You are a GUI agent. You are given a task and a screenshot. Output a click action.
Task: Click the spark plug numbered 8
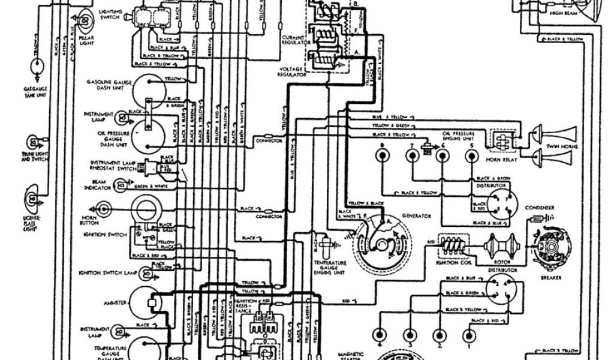click(381, 157)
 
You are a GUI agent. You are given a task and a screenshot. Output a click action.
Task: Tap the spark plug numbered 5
click(472, 157)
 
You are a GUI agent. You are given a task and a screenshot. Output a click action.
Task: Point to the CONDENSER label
click(540, 208)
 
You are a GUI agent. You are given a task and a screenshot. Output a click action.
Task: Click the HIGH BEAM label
click(563, 12)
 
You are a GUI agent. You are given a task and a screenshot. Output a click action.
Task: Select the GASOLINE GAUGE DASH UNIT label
click(106, 84)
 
